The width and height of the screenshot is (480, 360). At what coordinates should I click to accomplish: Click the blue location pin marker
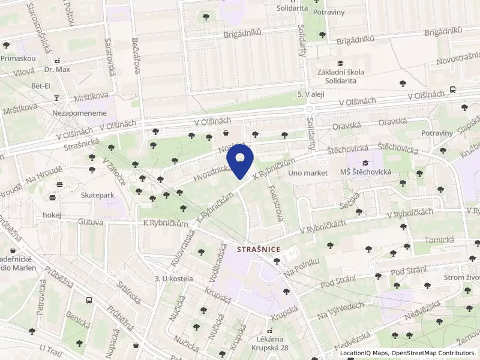[240, 160]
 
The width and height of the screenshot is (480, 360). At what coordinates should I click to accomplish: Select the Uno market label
[308, 173]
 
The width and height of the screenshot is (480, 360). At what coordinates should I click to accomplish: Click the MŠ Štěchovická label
[366, 172]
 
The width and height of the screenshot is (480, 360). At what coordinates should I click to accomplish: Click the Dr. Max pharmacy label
[57, 70]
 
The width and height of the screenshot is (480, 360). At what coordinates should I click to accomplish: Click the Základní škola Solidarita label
[341, 76]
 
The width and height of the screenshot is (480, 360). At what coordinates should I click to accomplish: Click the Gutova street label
[91, 221]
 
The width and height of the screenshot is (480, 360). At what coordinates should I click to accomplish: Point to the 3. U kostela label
[174, 278]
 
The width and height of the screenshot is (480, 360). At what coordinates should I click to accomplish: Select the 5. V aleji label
[311, 95]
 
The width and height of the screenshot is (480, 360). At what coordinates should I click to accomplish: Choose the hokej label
[53, 215]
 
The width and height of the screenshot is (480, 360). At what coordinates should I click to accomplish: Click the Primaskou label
[19, 58]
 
